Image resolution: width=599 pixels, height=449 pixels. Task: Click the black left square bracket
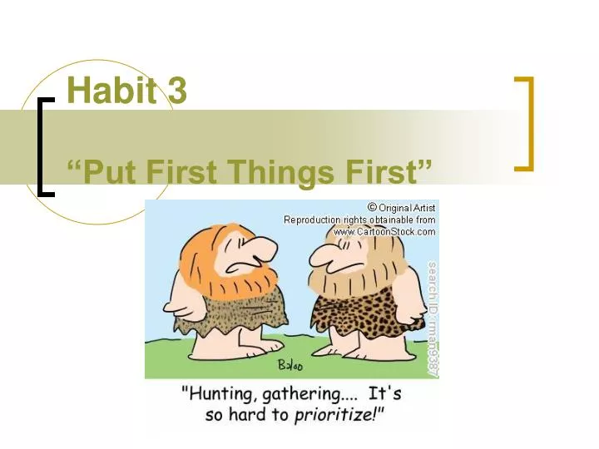point(43,146)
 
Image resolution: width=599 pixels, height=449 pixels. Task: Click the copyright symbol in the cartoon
point(372,207)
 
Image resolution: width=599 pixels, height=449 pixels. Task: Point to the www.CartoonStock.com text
point(384,232)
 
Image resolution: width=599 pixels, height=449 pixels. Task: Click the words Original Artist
point(408,207)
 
